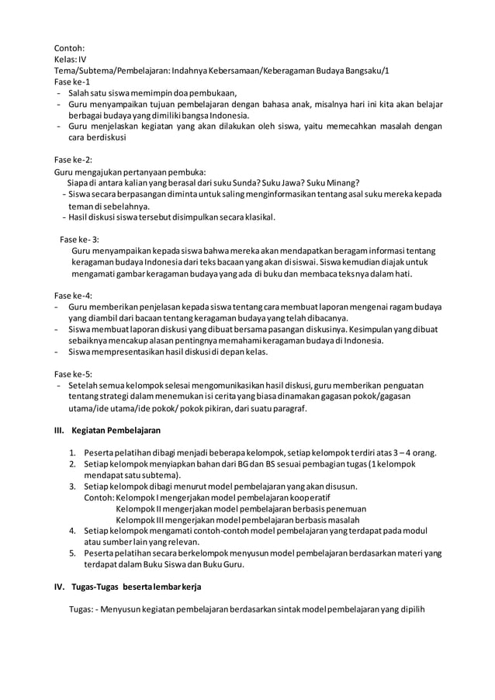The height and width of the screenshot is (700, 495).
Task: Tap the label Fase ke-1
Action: (72, 81)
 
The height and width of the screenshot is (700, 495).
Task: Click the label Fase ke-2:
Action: (73, 160)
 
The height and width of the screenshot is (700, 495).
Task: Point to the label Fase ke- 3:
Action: (80, 239)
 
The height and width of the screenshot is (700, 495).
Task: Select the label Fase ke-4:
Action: (73, 296)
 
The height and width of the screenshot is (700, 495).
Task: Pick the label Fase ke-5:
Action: (73, 373)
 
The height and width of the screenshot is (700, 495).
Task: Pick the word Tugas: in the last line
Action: (81, 608)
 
